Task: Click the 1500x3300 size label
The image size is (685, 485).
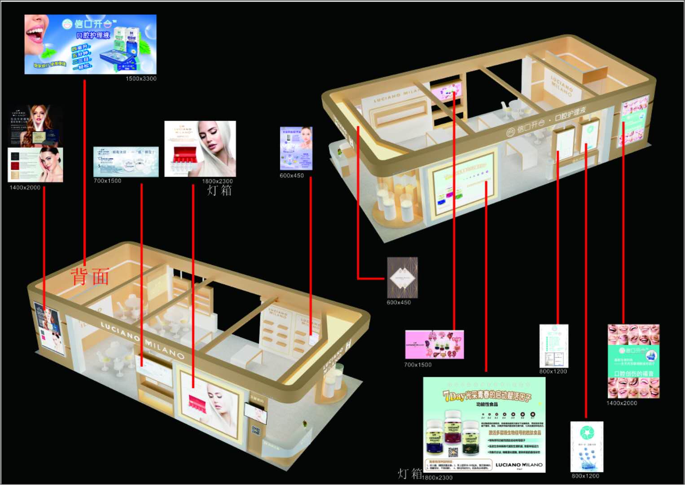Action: point(141,79)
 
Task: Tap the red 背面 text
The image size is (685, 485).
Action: point(90,277)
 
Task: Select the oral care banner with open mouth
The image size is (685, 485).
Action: point(90,44)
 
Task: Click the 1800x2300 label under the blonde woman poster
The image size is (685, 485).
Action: point(217,181)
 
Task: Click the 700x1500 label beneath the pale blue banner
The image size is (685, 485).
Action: point(107,181)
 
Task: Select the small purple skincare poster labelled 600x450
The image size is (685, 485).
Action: point(296,148)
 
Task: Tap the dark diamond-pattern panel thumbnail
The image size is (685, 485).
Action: point(402,278)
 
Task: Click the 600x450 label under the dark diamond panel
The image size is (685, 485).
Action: point(399,303)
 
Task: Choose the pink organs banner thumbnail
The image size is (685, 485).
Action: point(434,344)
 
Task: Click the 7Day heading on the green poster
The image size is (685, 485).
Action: point(454,396)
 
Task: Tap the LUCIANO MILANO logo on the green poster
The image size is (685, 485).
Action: point(519,465)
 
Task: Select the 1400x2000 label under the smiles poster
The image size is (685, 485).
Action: point(622,403)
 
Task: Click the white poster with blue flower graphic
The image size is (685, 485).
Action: point(586,446)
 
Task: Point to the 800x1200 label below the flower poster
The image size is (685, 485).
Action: point(585,476)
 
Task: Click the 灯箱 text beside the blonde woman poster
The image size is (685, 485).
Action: point(220,190)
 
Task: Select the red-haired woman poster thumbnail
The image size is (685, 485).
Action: point(35,126)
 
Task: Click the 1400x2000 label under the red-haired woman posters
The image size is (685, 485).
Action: point(25,188)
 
